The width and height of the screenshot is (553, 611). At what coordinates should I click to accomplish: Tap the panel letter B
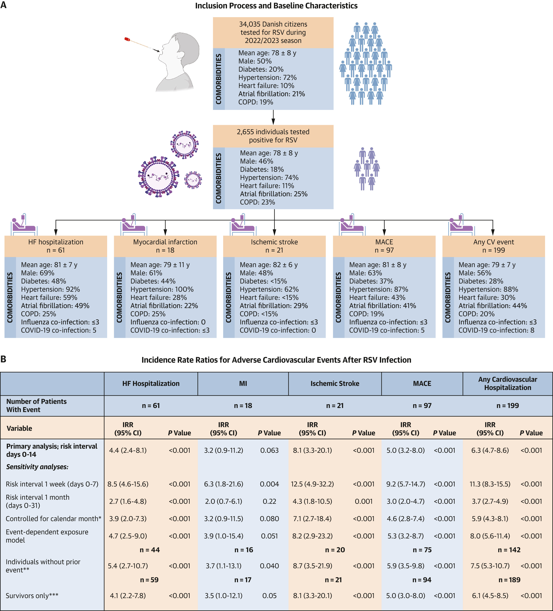3,359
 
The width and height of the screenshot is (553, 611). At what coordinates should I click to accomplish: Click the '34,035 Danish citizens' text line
273,24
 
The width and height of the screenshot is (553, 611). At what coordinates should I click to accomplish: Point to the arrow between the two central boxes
273,117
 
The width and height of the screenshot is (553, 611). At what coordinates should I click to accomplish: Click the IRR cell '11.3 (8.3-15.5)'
490,484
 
